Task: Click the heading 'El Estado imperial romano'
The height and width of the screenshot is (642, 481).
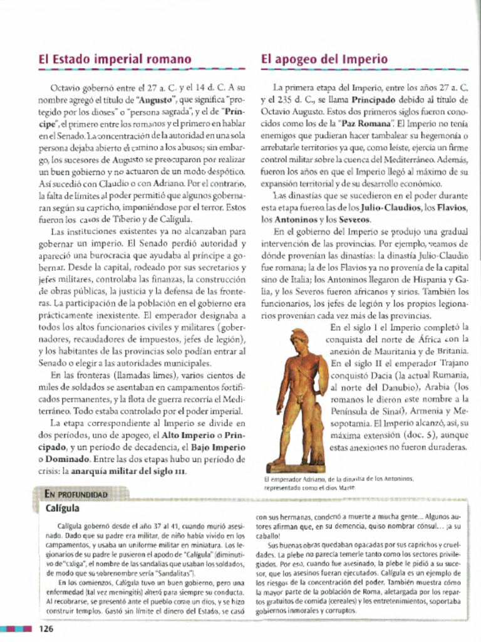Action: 115,60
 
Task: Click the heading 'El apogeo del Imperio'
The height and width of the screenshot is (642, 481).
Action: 324,60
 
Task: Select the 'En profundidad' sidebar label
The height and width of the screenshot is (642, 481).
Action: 76,494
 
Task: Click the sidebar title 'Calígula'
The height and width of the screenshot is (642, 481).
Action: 63,508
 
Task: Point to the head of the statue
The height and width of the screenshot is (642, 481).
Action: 299,339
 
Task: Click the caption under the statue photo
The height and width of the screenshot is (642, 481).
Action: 339,482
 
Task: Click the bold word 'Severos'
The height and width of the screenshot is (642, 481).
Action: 354,219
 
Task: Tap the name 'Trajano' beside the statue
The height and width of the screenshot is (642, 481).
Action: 452,362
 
